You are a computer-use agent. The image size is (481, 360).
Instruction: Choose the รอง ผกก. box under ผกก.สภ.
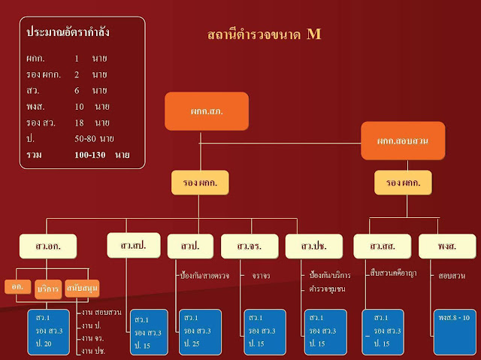pyautogui.click(x=200, y=183)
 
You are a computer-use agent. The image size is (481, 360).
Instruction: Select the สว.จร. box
pyautogui.click(x=249, y=246)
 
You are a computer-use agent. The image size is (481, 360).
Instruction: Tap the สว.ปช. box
pyautogui.click(x=313, y=246)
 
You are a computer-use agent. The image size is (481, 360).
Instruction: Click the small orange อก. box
pyautogui.click(x=17, y=286)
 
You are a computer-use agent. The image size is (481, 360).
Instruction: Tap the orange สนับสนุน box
pyautogui.click(x=82, y=288)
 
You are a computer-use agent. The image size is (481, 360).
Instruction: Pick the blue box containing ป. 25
pyautogui.click(x=199, y=331)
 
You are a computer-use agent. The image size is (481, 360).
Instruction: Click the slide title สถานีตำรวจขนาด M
pyautogui.click(x=264, y=35)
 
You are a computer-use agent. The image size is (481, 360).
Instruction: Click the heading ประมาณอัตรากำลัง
pyautogui.click(x=67, y=33)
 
